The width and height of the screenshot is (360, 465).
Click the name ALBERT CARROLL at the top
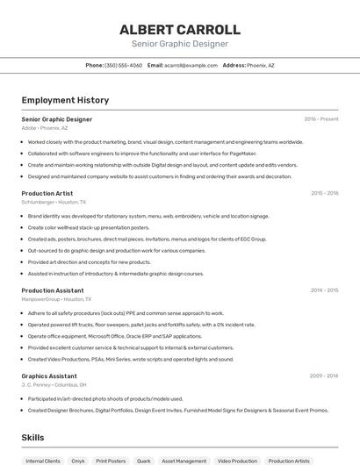coord(179,29)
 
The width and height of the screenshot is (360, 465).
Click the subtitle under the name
coord(179,44)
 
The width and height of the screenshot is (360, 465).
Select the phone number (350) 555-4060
coord(123,65)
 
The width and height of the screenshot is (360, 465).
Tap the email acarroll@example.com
coord(191,65)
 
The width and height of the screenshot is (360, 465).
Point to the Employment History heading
coord(65,100)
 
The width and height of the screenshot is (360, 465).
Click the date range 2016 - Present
coord(321,118)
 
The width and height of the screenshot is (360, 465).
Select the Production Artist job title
coord(47,193)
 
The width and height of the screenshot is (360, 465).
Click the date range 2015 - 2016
coord(324,193)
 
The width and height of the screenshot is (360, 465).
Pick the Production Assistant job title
coord(53,290)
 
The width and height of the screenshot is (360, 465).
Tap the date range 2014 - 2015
coord(324,290)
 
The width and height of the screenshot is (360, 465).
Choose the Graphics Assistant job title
coord(49,376)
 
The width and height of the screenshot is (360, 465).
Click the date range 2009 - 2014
coord(324,376)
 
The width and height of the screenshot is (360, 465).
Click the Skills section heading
coord(32,437)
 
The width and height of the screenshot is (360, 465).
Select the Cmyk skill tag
coord(78,460)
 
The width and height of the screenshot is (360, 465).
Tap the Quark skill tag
coord(143,460)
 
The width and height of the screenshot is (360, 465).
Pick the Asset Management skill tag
coord(184,460)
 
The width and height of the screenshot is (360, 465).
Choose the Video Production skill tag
coord(237,460)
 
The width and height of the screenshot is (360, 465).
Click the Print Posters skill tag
coord(111,460)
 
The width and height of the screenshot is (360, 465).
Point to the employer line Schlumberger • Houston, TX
coord(55,202)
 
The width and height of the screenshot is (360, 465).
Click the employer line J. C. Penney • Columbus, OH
coord(54,384)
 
